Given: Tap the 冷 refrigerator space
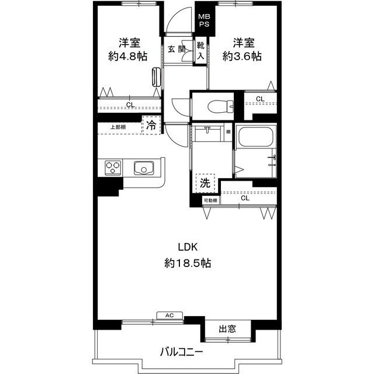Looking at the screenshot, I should pyautogui.click(x=151, y=125).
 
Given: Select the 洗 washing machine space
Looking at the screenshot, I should pyautogui.click(x=205, y=182).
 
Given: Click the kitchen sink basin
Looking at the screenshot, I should pyautogui.click(x=143, y=168).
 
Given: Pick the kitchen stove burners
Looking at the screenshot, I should pyautogui.click(x=113, y=168).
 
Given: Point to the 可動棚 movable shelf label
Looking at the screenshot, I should pyautogui.click(x=210, y=200).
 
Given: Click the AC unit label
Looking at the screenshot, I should pyautogui.click(x=169, y=316).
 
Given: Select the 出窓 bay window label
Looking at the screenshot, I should pyautogui.click(x=227, y=329).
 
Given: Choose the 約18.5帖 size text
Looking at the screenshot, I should pyautogui.click(x=188, y=263).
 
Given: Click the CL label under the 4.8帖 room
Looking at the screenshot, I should pyautogui.click(x=130, y=105).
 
